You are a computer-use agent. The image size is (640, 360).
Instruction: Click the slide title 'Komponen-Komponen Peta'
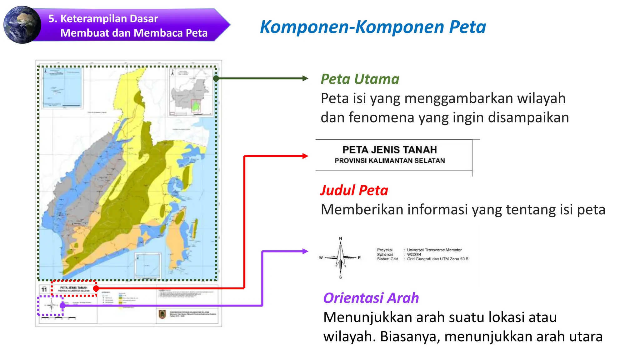click(x=372, y=27)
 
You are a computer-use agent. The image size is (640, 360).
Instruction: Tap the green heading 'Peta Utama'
click(x=360, y=79)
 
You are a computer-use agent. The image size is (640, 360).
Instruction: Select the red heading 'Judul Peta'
click(x=354, y=190)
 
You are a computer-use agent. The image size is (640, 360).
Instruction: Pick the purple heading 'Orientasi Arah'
click(x=371, y=298)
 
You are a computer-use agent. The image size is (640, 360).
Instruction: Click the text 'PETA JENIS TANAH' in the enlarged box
click(x=389, y=150)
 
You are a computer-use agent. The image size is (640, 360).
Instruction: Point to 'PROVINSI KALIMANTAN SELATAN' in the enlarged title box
click(x=389, y=161)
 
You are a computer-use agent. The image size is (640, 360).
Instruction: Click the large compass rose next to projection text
click(x=341, y=258)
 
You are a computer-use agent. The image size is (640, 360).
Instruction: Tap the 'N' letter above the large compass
click(x=341, y=238)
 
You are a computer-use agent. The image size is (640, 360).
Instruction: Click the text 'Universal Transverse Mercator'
click(x=434, y=250)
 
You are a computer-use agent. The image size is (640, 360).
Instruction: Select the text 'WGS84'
click(x=414, y=254)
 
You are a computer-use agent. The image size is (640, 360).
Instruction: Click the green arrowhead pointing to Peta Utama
click(x=305, y=78)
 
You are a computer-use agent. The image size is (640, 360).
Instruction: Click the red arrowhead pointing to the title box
click(x=305, y=156)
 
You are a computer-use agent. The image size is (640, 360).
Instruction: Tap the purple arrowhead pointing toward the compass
click(x=305, y=251)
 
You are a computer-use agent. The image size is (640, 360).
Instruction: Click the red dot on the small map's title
click(x=96, y=288)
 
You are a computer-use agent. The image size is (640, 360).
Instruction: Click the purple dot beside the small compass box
click(x=62, y=305)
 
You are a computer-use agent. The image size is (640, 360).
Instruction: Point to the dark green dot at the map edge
click(x=216, y=78)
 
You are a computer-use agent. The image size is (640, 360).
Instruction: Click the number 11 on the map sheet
click(x=44, y=290)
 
